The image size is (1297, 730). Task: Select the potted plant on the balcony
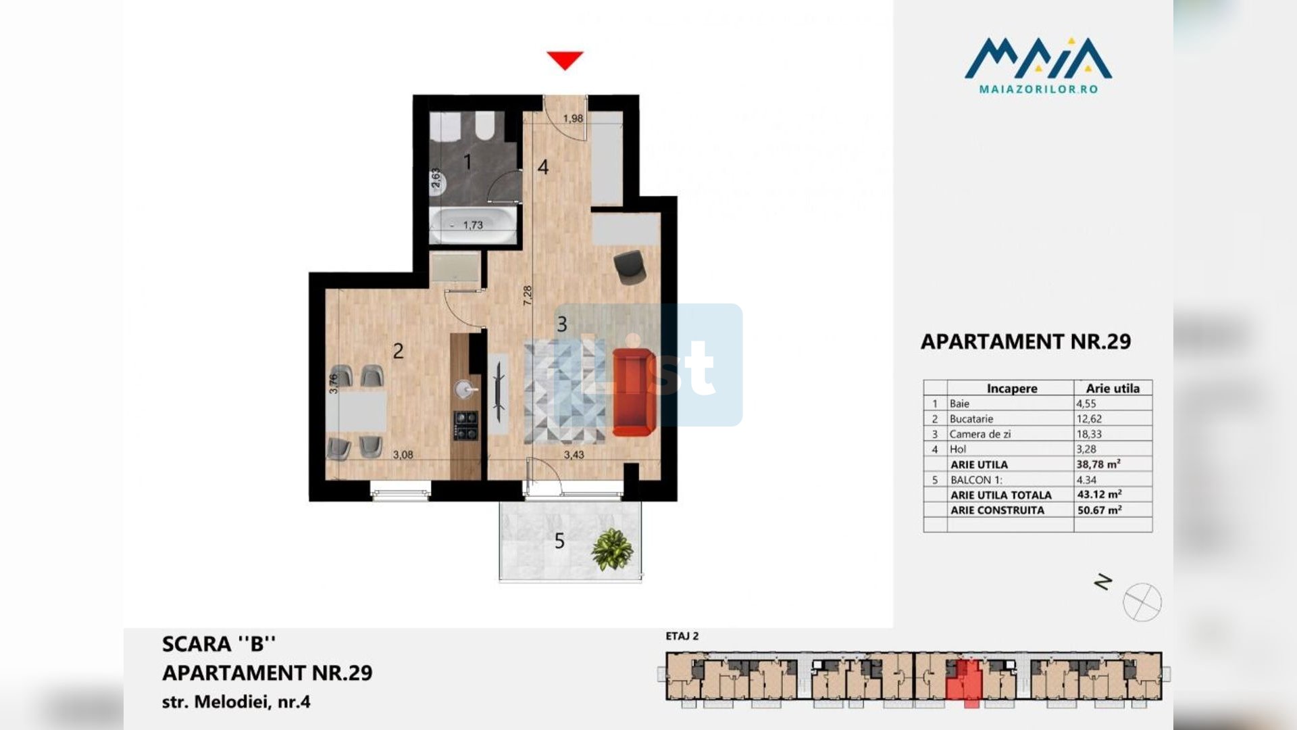612,549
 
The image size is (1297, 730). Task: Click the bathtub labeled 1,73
473,225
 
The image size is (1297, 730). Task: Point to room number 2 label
398,351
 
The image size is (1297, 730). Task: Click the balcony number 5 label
559,541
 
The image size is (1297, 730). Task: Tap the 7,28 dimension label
528,295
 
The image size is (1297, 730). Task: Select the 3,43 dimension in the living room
574,455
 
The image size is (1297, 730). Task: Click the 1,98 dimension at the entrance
573,118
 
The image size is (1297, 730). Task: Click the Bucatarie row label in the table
971,419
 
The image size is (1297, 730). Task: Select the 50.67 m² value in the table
1099,510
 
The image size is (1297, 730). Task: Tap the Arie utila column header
1113,389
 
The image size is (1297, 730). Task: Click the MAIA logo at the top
1038,65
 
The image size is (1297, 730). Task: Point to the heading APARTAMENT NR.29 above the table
1025,341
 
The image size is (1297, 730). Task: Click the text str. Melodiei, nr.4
236,702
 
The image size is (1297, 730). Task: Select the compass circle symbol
1142,602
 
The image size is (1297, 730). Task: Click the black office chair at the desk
630,265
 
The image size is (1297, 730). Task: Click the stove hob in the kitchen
466,425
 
